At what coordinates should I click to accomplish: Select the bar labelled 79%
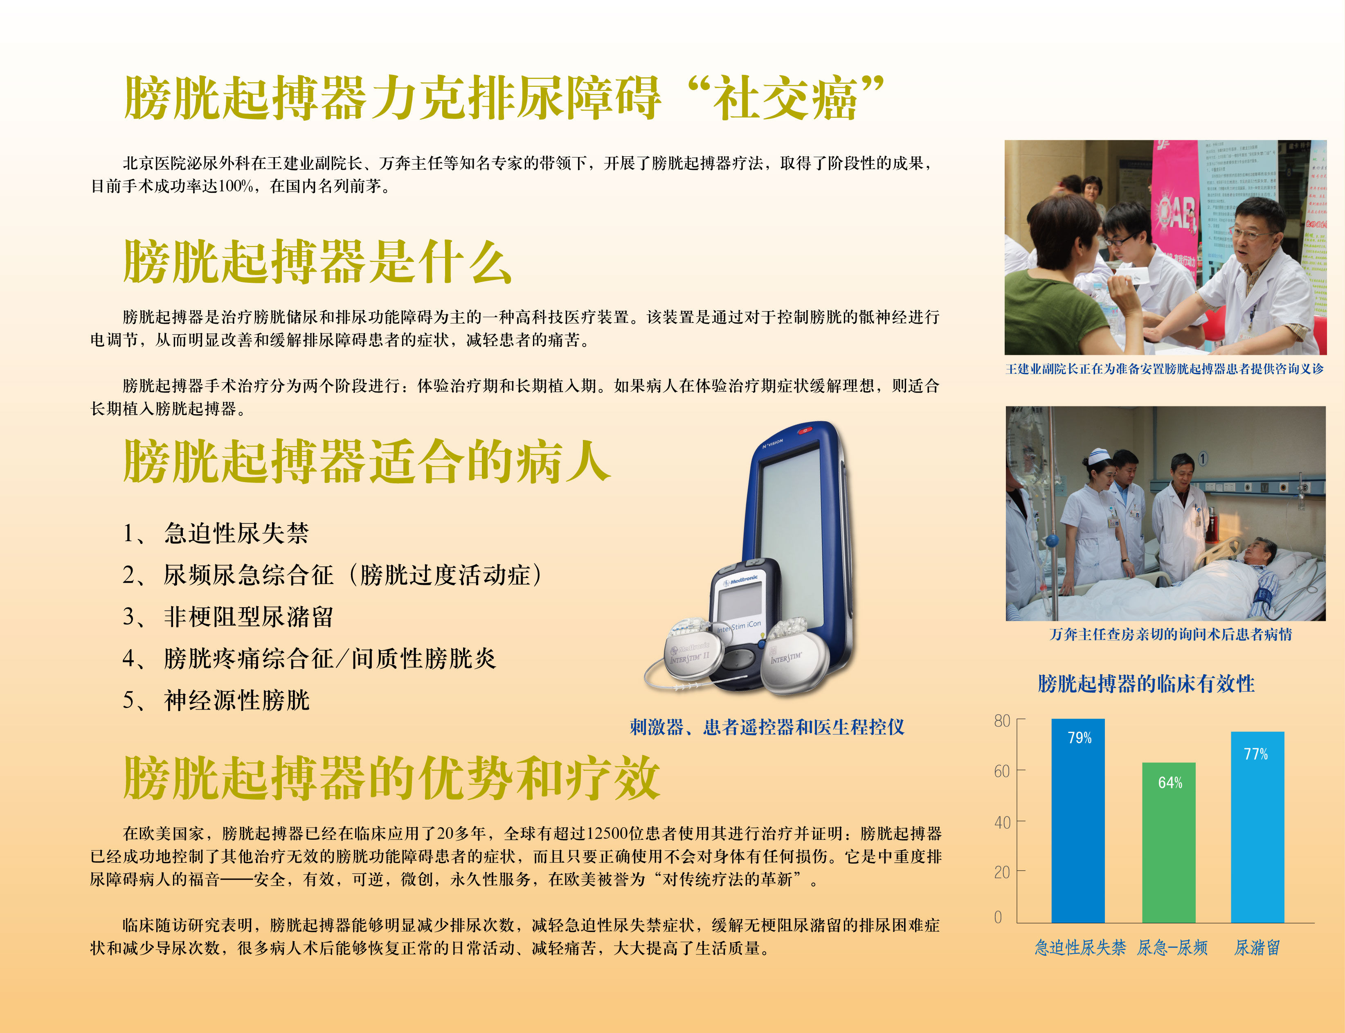pos(1078,821)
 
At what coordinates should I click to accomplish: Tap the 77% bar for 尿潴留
pos(1258,827)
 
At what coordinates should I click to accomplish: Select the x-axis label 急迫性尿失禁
pos(1080,947)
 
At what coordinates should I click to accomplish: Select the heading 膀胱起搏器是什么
pos(318,262)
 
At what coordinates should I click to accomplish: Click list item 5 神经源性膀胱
pos(216,700)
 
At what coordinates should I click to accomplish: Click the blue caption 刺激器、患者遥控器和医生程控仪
pos(767,727)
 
